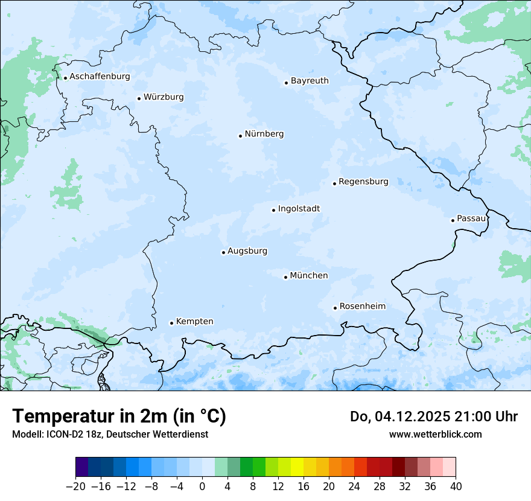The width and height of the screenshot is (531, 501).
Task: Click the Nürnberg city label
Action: pyautogui.click(x=264, y=134)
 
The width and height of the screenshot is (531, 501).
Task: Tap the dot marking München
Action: pyautogui.click(x=286, y=277)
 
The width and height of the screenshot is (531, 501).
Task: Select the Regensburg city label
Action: pyautogui.click(x=363, y=182)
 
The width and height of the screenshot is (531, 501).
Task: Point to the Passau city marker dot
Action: pyautogui.click(x=453, y=220)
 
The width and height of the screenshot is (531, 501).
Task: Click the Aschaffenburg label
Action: pyautogui.click(x=100, y=77)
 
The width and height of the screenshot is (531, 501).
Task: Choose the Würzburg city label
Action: pyautogui.click(x=164, y=97)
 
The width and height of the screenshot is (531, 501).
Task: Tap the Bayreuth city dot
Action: pyautogui.click(x=287, y=83)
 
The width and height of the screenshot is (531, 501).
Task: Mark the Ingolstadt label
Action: pyautogui.click(x=299, y=209)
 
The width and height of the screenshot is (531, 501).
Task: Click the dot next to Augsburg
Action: pyautogui.click(x=223, y=252)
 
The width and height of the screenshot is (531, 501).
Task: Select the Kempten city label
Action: pyautogui.click(x=194, y=322)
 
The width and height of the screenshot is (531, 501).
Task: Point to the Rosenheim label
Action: pyautogui.click(x=362, y=306)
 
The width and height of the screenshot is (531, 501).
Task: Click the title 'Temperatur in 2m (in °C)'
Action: pyautogui.click(x=119, y=416)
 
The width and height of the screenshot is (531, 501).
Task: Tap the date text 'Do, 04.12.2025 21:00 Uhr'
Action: pyautogui.click(x=434, y=416)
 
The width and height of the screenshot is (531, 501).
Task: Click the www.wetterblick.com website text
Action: pyautogui.click(x=435, y=434)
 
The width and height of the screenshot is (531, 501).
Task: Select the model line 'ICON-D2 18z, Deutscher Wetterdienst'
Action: pyautogui.click(x=110, y=434)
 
